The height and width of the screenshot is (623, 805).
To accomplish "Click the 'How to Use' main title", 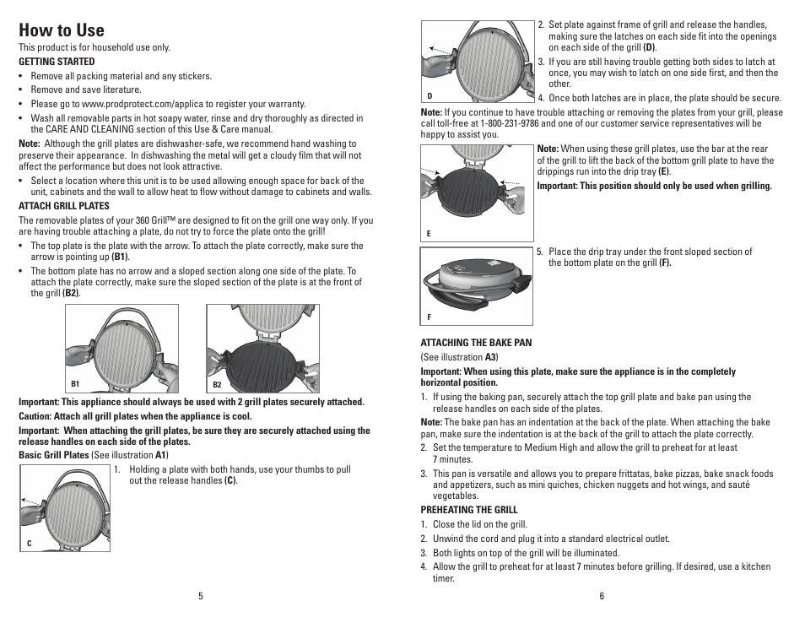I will [x=62, y=30].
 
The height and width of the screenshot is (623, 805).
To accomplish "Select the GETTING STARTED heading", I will [x=57, y=62].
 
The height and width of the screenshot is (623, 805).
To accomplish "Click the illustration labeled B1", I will [x=122, y=348].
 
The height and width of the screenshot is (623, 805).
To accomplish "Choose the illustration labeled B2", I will [x=262, y=348].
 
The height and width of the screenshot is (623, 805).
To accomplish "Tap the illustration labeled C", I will [x=64, y=507].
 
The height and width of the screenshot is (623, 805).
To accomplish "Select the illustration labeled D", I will [x=477, y=61].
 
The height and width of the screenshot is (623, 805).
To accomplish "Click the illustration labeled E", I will [x=477, y=192].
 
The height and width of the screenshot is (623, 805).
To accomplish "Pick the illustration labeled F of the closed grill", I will [x=477, y=285].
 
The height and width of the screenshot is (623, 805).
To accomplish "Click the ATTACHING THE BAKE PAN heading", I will [x=476, y=343].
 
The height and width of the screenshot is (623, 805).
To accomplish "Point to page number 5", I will [x=201, y=596].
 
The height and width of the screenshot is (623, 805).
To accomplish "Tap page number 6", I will [x=602, y=596].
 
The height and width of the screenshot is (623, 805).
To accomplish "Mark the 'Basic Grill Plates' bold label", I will [x=54, y=455].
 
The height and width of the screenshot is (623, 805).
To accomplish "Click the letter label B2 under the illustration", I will [x=217, y=385].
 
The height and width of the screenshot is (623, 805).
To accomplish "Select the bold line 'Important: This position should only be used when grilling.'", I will [x=654, y=186].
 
